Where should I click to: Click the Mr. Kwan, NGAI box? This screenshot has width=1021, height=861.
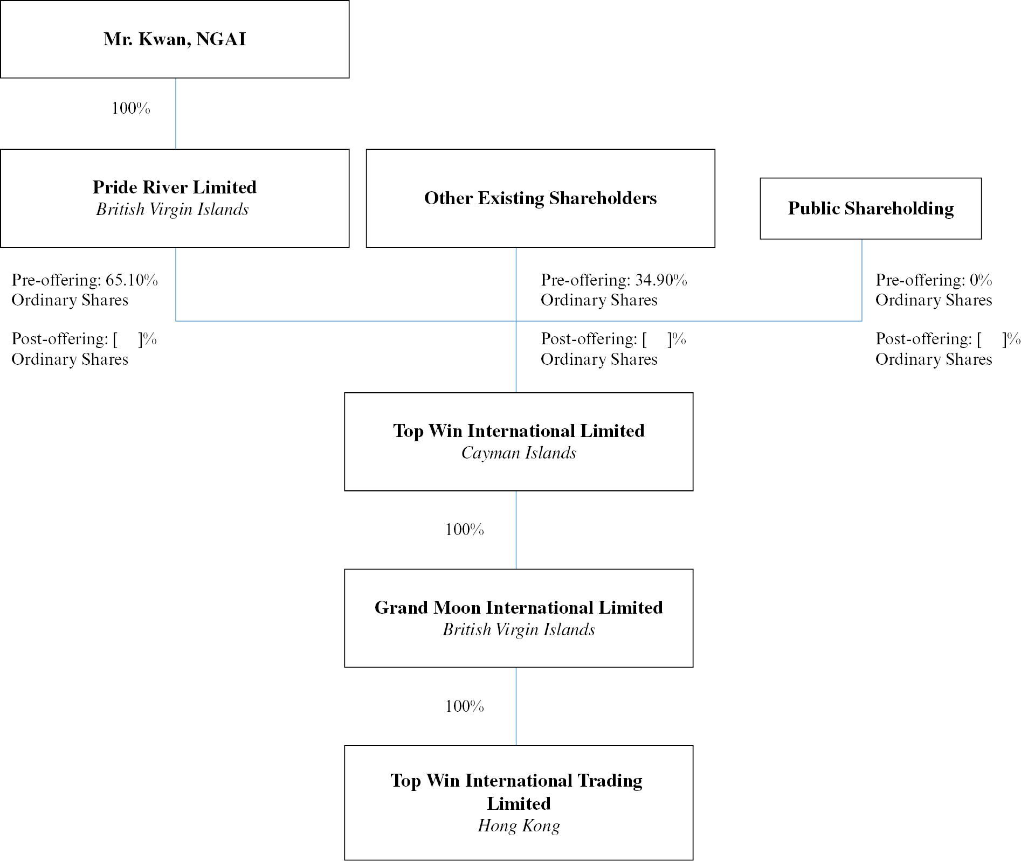[x=175, y=39]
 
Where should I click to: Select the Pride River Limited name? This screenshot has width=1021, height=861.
[x=175, y=187]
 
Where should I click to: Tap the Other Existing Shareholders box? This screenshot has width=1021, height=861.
[x=540, y=198]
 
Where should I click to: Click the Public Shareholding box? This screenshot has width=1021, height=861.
[x=870, y=209]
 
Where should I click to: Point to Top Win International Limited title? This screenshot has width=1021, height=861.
[x=519, y=430]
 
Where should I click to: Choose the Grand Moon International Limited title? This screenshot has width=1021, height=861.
[x=519, y=607]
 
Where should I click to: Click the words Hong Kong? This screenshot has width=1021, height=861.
[x=519, y=825]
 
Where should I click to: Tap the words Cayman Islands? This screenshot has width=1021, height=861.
[x=519, y=453]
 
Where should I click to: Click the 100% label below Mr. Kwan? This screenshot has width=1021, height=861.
[x=131, y=108]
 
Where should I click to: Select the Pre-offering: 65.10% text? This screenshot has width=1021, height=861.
[x=85, y=280]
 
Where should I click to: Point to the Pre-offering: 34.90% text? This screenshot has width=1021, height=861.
[x=613, y=280]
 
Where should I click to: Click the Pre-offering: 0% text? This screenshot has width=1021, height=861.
[x=933, y=280]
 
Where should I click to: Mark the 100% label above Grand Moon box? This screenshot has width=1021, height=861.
[x=464, y=530]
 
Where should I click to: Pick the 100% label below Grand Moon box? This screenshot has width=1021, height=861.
[x=464, y=706]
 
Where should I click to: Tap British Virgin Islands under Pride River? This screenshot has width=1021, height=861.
[x=173, y=209]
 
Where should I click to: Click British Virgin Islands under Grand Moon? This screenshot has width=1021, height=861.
[x=519, y=629]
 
